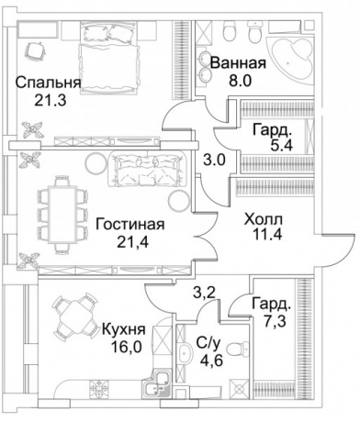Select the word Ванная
point(238,63)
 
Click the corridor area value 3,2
point(203,294)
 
